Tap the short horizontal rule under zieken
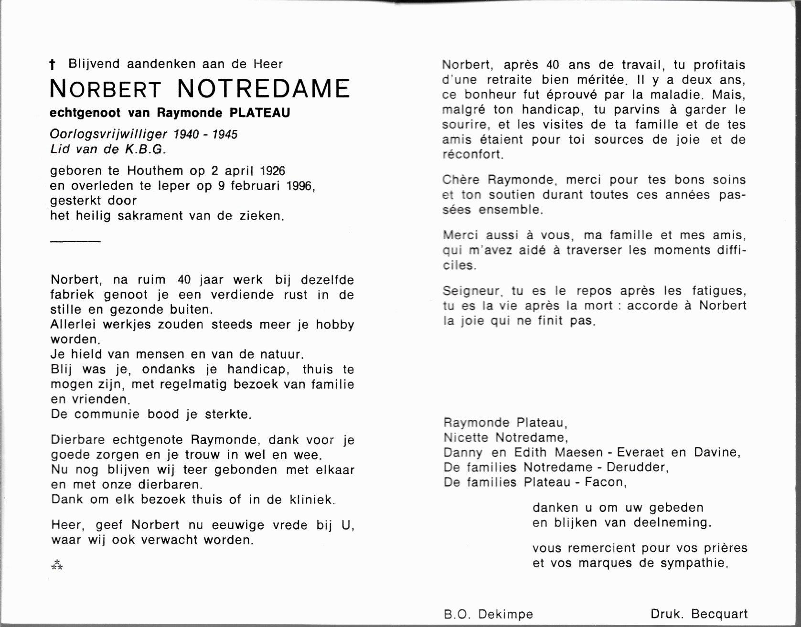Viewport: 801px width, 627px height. pos(75,241)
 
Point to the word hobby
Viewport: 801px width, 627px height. pos(335,325)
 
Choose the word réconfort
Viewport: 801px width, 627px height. pos(472,155)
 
